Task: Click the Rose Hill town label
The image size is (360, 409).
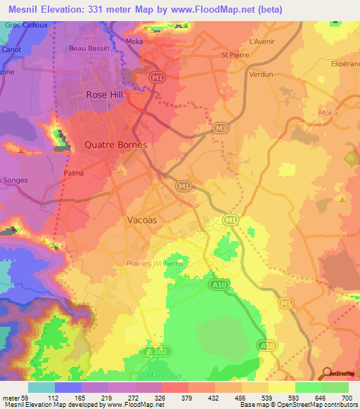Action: point(105,94)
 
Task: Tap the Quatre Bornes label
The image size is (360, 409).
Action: point(115,145)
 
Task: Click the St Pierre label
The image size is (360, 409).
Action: point(235,54)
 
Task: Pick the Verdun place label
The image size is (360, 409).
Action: point(261,73)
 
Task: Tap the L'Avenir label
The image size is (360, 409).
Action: point(262,41)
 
